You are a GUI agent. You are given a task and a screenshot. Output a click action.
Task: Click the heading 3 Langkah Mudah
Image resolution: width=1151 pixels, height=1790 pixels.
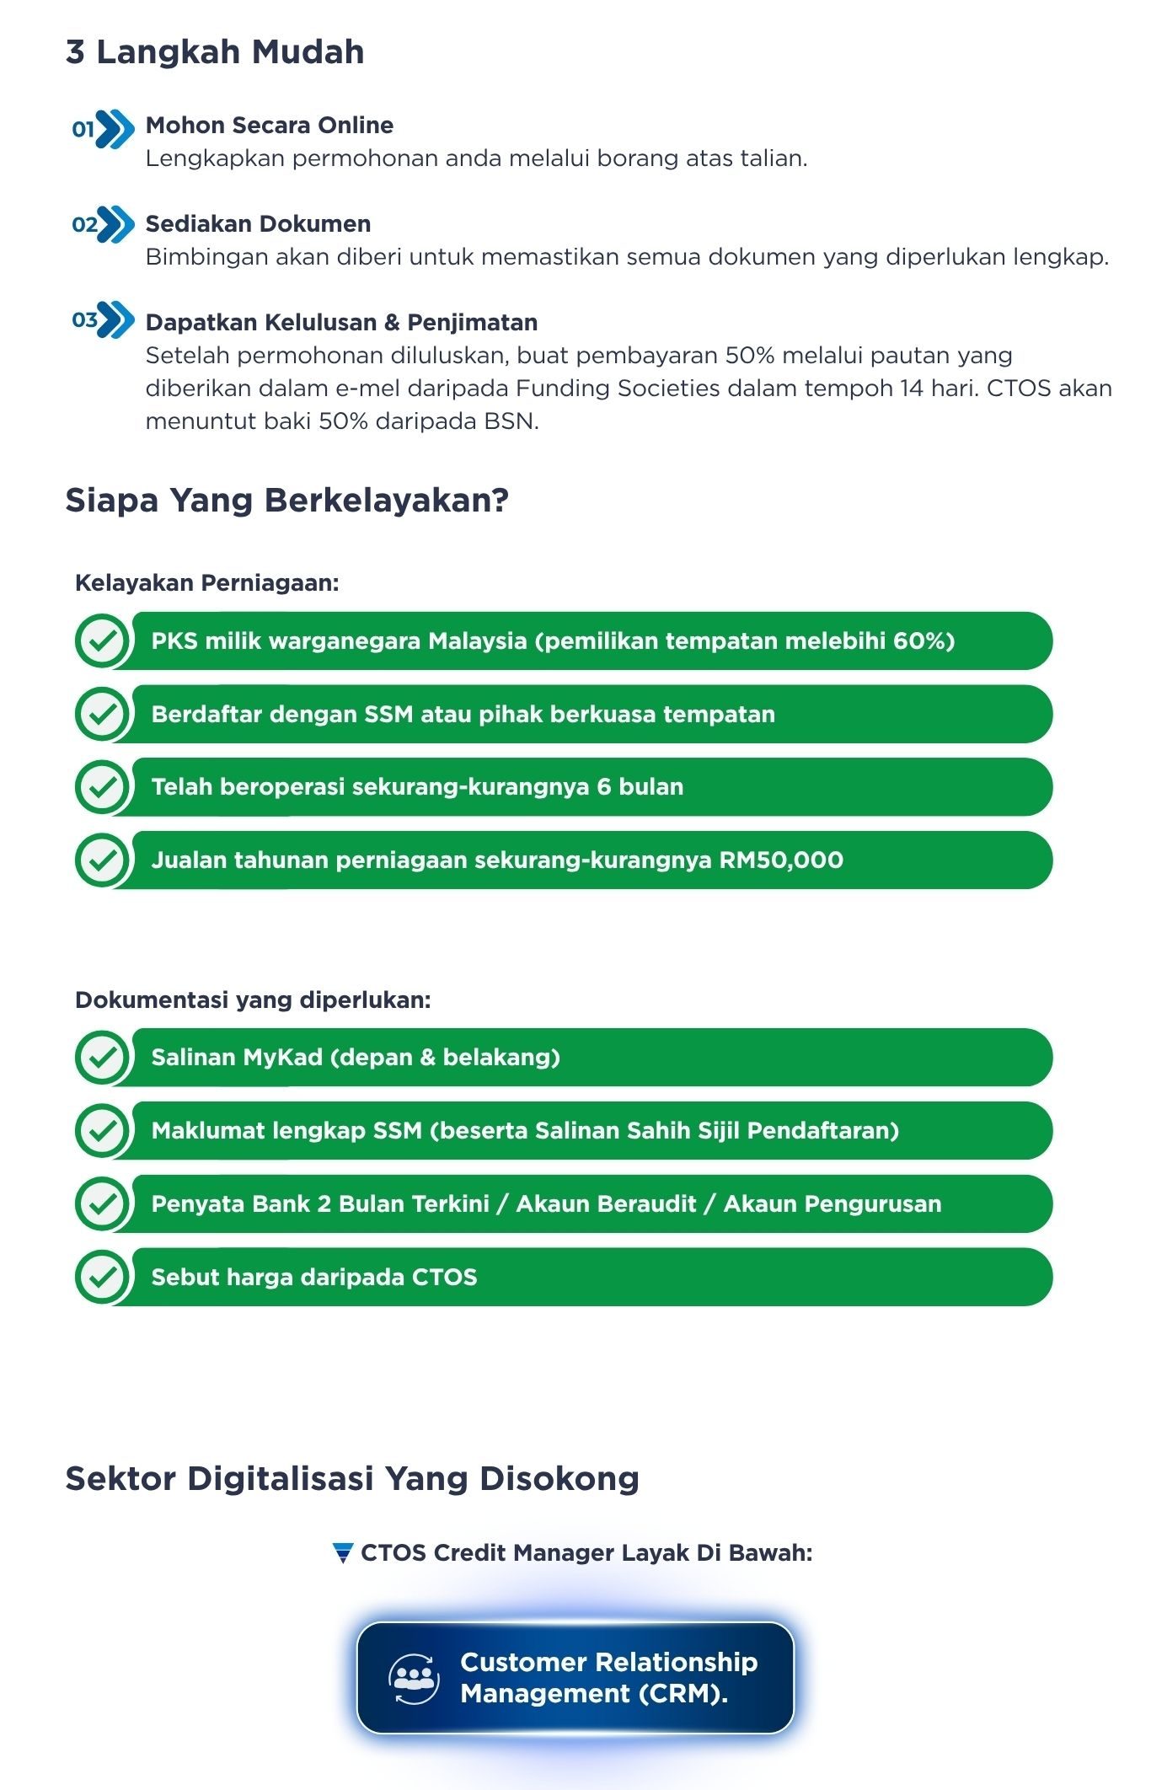point(215,52)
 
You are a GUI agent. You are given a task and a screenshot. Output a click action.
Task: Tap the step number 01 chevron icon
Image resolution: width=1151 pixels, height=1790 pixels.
point(104,129)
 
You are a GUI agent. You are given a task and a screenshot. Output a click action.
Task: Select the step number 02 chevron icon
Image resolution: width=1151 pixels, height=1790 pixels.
point(104,224)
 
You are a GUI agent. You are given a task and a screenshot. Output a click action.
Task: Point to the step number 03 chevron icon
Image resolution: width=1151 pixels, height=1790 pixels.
point(104,320)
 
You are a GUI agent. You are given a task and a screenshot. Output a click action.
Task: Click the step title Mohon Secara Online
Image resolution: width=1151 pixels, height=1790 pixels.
point(269,126)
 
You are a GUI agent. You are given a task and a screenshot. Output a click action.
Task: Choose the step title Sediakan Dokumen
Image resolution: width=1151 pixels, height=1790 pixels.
point(258,224)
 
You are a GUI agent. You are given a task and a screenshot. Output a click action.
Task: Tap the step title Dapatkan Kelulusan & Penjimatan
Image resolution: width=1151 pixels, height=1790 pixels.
point(341,323)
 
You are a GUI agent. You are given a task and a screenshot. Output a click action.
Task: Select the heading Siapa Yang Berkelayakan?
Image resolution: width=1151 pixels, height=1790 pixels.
point(286,501)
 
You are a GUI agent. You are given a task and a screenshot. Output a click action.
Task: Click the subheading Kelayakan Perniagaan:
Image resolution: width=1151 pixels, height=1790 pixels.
point(207,583)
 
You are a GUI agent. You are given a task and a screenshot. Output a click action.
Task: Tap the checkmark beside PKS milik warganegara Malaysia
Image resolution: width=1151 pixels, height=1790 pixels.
point(102,641)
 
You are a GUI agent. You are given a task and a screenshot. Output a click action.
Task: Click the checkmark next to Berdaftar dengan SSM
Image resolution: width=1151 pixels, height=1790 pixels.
point(102,715)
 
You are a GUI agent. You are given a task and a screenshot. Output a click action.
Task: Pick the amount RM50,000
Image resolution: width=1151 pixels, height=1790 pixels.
point(781,860)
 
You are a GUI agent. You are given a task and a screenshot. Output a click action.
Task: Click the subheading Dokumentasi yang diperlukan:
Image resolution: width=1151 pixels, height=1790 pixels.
point(253,1000)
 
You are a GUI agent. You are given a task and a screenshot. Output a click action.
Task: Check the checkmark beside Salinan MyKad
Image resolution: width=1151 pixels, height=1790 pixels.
point(102,1058)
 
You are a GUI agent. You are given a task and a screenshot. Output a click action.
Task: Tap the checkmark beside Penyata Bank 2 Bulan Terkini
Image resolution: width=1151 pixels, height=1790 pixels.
point(102,1204)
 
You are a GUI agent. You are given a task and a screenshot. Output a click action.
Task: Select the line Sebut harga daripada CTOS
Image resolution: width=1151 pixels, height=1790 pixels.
point(313,1278)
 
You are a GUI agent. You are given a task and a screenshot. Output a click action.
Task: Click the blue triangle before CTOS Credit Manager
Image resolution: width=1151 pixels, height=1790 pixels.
point(343,1553)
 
